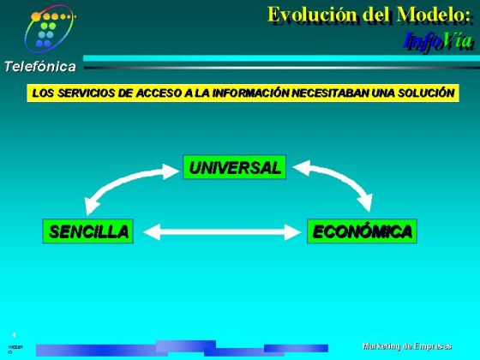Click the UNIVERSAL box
tap(235, 168)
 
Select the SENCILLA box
tap(89, 231)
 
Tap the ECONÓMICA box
tap(362, 231)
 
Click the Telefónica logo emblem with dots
tap(49, 28)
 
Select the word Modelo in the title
tap(434, 15)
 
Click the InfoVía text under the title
tap(437, 39)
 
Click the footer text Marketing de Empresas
tap(407, 345)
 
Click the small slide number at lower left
tap(14, 335)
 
